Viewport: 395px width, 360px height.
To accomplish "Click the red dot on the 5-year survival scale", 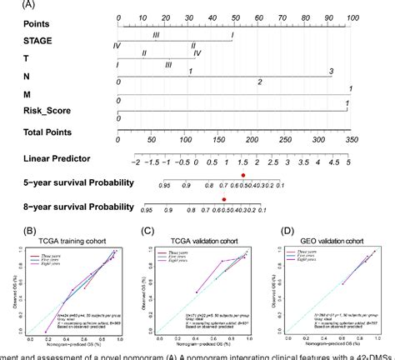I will [x=242, y=175].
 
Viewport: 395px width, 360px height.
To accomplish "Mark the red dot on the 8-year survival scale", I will [x=224, y=199].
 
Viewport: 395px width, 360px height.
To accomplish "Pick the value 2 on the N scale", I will [x=259, y=82].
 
